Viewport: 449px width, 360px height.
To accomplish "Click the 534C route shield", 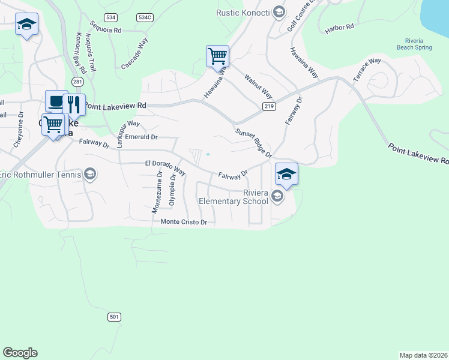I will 145,17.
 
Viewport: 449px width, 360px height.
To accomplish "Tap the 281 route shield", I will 77,81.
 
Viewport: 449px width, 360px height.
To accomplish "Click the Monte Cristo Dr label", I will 184,222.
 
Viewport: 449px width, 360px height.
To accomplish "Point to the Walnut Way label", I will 258,87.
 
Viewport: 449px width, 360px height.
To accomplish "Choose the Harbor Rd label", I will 339,28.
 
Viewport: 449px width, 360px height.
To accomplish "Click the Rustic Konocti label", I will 245,13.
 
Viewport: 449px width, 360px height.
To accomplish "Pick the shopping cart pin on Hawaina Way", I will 217,56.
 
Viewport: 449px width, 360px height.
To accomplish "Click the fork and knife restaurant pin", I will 74,104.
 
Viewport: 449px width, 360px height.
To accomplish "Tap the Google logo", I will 20,353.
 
